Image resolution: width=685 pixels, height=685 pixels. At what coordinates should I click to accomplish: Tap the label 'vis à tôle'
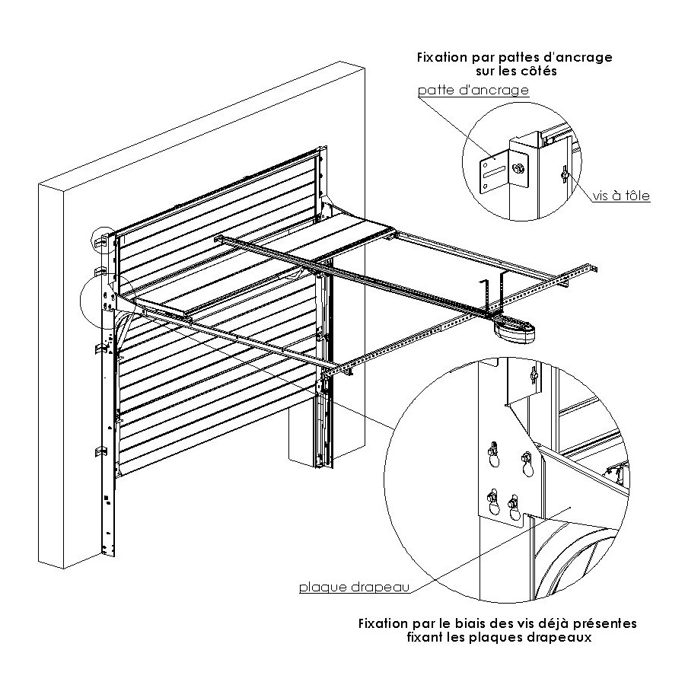point(623,196)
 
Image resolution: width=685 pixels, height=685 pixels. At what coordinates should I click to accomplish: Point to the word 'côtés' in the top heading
point(540,71)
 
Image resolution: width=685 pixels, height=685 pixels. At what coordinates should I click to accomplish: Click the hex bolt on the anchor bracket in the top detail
point(519,167)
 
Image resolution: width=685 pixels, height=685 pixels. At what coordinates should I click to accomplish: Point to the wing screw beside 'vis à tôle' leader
point(565,176)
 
